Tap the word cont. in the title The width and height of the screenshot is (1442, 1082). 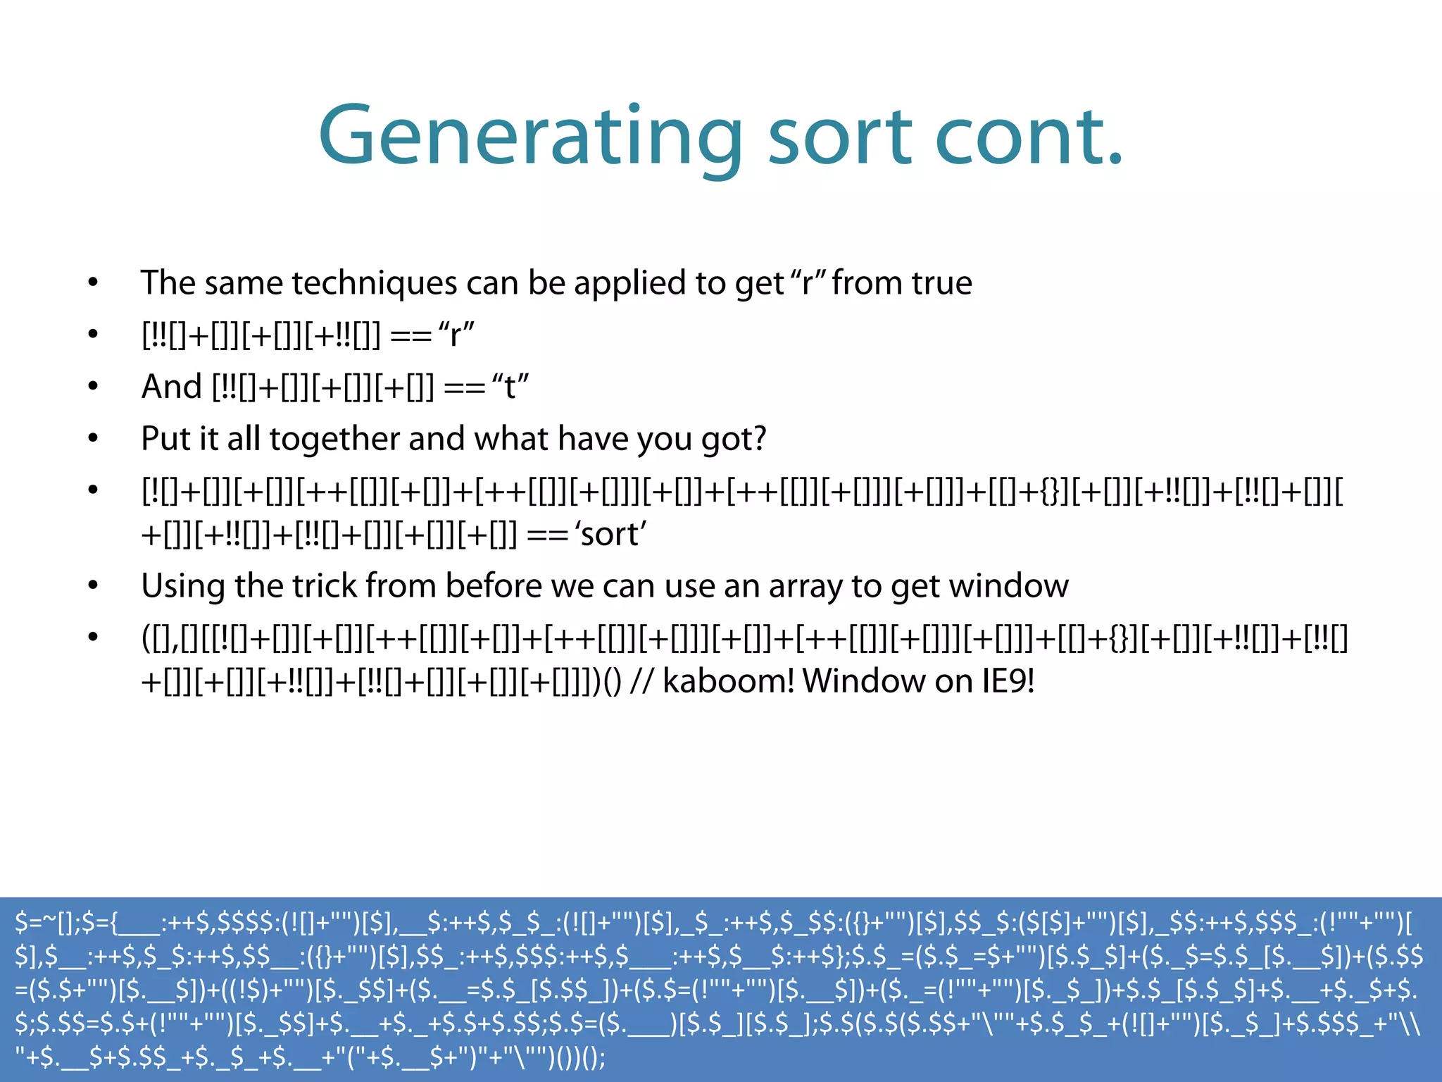pos(1029,136)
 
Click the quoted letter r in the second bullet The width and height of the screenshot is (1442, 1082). pos(456,335)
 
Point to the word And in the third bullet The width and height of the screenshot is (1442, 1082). pos(171,387)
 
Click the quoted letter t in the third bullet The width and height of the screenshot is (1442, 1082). pos(510,387)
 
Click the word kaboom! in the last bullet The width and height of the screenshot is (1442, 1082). pos(728,681)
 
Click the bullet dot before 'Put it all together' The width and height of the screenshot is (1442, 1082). pos(93,439)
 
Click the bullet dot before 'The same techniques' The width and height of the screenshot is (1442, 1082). pos(93,283)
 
